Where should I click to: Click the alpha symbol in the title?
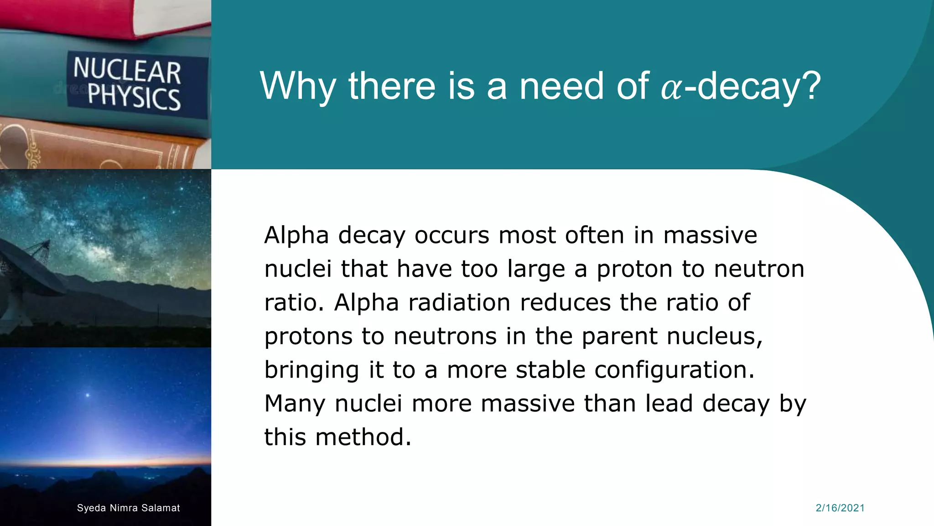pyautogui.click(x=672, y=88)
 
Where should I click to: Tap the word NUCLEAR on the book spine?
pyautogui.click(x=127, y=70)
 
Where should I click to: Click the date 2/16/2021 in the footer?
pyautogui.click(x=840, y=508)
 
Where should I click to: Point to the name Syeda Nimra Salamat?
pyautogui.click(x=128, y=508)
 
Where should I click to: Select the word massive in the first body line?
pyautogui.click(x=710, y=236)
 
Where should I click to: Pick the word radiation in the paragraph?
pyautogui.click(x=459, y=302)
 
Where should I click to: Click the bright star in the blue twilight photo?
pyautogui.click(x=88, y=395)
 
